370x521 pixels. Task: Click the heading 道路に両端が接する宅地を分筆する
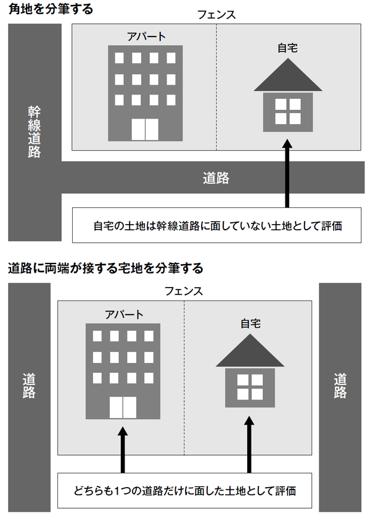click(105, 269)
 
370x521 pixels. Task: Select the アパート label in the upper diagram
click(146, 36)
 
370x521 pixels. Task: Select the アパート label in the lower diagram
click(123, 314)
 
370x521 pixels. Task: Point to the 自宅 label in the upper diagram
click(288, 48)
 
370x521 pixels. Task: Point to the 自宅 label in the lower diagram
click(250, 323)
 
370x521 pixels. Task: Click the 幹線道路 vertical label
click(35, 131)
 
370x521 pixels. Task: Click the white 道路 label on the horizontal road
click(216, 178)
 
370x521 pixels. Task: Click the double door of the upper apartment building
click(146, 128)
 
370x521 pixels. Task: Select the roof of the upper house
click(288, 77)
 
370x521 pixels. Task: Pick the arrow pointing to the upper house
click(287, 173)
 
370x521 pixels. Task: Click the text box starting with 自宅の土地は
click(216, 225)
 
